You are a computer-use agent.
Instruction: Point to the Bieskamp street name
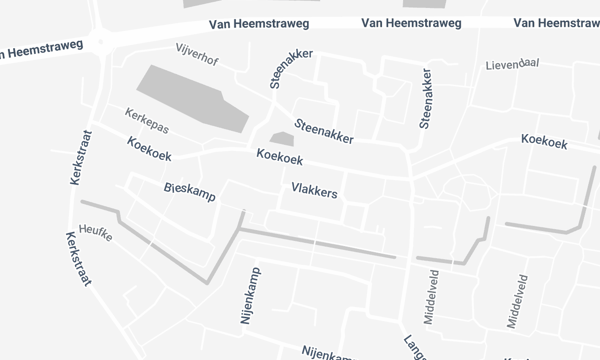click(x=189, y=190)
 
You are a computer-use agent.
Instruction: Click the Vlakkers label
click(x=315, y=189)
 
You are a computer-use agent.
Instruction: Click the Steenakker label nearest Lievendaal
click(x=426, y=97)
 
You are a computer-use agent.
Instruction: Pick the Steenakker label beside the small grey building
click(x=323, y=131)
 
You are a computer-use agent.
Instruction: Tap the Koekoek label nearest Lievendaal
click(x=544, y=143)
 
